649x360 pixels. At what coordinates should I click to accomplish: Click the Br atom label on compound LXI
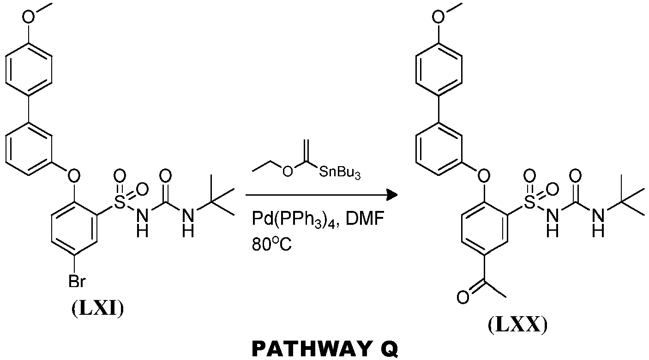pyautogui.click(x=77, y=281)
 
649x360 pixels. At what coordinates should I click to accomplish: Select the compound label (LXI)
pyautogui.click(x=98, y=309)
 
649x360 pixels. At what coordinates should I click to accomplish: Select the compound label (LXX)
pyautogui.click(x=518, y=325)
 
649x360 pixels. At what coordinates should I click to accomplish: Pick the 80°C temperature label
pyautogui.click(x=271, y=245)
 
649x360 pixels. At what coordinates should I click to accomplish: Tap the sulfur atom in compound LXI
pyautogui.click(x=120, y=202)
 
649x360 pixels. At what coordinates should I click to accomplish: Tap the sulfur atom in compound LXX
pyautogui.click(x=530, y=202)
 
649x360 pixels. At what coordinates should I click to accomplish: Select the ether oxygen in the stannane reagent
pyautogui.click(x=288, y=171)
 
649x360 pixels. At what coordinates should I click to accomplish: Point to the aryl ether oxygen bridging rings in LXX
pyautogui.click(x=484, y=175)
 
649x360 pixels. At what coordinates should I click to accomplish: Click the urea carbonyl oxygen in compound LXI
pyautogui.click(x=165, y=175)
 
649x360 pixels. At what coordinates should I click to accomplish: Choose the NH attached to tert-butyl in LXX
pyautogui.click(x=599, y=223)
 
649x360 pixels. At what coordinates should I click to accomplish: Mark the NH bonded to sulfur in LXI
pyautogui.click(x=142, y=223)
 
